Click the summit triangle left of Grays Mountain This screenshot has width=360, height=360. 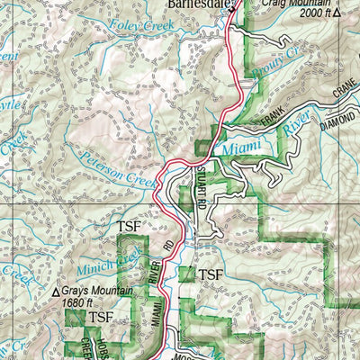57,291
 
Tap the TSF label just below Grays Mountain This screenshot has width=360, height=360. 100,318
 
